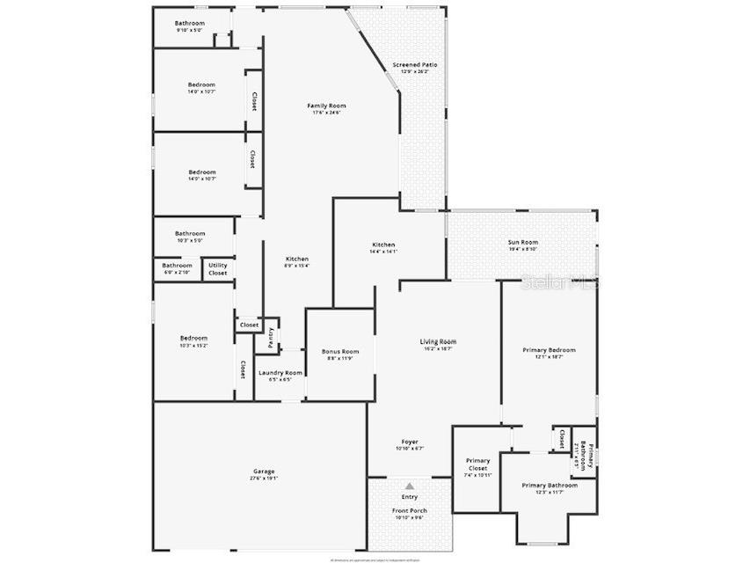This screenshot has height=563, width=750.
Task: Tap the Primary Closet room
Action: [x=477, y=467]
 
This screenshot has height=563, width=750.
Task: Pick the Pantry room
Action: [x=270, y=335]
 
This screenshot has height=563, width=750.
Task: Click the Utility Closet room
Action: [x=217, y=268]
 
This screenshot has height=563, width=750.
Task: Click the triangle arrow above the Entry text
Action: [x=409, y=486]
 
